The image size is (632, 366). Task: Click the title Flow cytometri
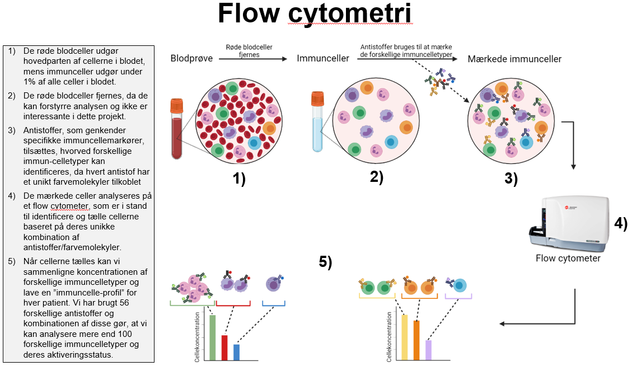[x=315, y=15]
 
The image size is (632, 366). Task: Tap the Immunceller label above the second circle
[x=323, y=59]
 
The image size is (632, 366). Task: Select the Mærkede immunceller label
[x=514, y=59]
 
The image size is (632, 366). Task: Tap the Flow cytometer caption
[x=568, y=259]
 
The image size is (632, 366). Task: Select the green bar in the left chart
[x=213, y=338]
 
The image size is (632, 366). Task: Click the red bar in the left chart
[x=224, y=348]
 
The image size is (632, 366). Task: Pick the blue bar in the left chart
[x=236, y=352]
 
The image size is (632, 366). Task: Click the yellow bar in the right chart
[x=404, y=337]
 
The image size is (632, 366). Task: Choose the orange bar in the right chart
[x=416, y=340]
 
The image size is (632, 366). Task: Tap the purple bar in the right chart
[x=428, y=350]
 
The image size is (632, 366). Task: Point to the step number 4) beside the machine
[x=620, y=224]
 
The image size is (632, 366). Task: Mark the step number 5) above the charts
[x=326, y=261]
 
